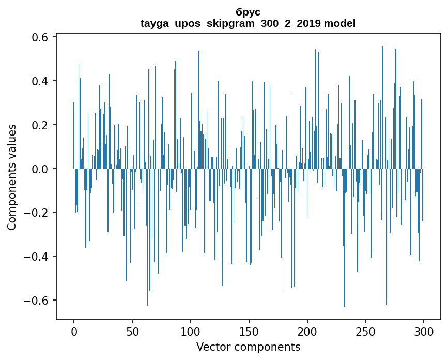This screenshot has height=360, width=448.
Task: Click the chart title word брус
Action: coord(248,12)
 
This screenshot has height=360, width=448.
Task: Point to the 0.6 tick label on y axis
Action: coord(39,38)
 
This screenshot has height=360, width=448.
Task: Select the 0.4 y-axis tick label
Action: coord(39,81)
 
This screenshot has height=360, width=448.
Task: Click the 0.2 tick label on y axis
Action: coord(39,125)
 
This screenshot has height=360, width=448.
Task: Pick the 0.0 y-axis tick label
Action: coord(39,169)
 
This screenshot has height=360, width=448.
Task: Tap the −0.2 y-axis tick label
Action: coord(36,213)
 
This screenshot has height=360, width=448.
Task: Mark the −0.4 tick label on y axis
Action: coord(36,257)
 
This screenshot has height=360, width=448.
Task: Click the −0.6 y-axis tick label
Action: coord(36,301)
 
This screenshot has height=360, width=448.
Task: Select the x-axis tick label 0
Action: coord(74,331)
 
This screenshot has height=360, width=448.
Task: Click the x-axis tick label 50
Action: coord(132,331)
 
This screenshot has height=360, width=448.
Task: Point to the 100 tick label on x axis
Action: coord(191,331)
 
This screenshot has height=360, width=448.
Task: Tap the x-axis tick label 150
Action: coord(249,331)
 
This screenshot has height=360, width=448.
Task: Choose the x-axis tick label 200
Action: coord(307,331)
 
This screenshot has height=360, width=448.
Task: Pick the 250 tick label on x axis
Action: coord(365,331)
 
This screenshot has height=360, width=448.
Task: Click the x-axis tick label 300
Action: coord(424,331)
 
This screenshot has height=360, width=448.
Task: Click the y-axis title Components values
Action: coord(12,177)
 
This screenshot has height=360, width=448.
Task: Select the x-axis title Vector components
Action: coord(248,347)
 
